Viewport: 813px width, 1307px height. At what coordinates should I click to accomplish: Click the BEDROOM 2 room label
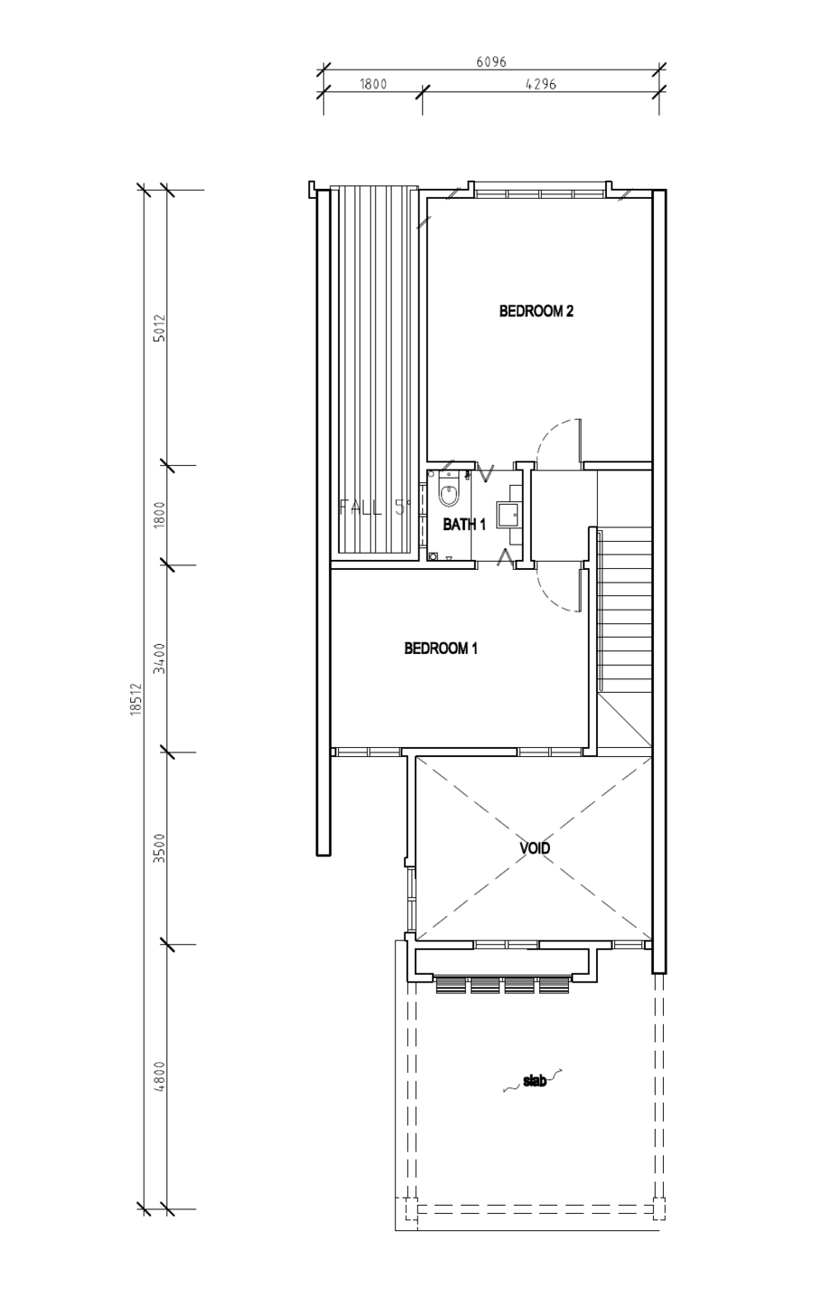coord(536,311)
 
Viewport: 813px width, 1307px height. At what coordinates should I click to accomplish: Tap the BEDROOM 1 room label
coord(441,649)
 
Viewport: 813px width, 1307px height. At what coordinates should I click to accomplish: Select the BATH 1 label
coord(464,525)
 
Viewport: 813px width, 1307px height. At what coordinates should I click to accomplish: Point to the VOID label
coord(535,848)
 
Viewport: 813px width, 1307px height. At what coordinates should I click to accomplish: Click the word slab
coord(534,1081)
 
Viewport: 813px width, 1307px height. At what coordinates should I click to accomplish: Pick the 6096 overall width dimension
coord(491,61)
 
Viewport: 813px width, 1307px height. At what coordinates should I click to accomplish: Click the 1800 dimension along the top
coord(373,84)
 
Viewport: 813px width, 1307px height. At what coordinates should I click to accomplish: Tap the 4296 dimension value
coord(540,84)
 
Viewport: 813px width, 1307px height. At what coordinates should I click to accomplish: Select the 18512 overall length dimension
coord(136,699)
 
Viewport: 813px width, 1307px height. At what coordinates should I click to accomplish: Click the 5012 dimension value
coord(160,328)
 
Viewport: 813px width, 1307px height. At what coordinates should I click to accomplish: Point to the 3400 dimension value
coord(160,658)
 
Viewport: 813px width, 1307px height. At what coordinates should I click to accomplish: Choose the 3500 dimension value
coord(160,848)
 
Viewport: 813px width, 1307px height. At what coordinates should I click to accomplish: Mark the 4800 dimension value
coord(160,1077)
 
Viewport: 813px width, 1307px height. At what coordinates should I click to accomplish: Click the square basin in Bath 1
coord(508,514)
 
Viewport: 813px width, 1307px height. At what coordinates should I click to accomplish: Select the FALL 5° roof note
coord(375,507)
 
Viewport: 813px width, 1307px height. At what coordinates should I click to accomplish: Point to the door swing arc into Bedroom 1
coord(556,591)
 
